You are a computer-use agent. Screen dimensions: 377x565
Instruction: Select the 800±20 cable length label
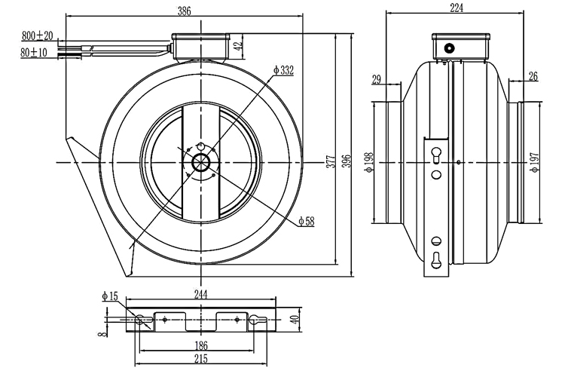coord(37,36)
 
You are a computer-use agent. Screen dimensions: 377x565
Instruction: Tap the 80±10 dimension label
coord(35,53)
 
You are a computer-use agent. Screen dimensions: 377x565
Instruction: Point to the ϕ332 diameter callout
coord(283,70)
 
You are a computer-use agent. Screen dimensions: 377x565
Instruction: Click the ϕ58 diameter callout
coord(306,222)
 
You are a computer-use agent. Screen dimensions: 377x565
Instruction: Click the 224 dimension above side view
coord(457,8)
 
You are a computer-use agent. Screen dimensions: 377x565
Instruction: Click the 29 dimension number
coord(376,78)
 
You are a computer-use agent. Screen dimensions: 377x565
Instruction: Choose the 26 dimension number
coord(533,76)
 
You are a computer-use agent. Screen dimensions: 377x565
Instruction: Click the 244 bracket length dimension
coord(200,294)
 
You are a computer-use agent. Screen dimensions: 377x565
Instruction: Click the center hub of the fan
coord(201,163)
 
